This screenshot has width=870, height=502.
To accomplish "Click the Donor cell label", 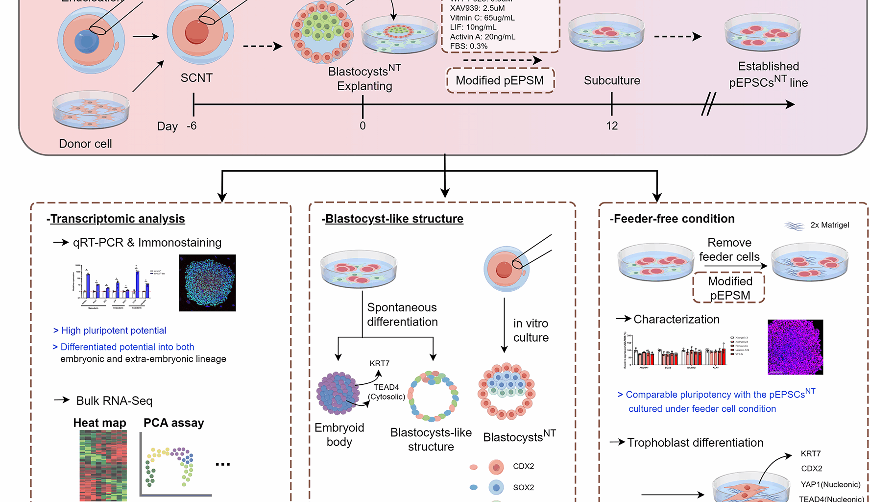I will [x=85, y=144].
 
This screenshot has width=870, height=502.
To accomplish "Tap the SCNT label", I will [x=196, y=78].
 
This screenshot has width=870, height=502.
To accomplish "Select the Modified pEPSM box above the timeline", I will [x=500, y=80].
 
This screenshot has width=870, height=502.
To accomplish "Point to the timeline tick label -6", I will [x=192, y=126].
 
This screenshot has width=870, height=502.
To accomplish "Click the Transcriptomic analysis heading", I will [x=117, y=219].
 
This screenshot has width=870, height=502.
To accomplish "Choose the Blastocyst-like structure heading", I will [x=394, y=219].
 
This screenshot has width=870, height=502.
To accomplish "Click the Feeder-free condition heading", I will [x=674, y=219].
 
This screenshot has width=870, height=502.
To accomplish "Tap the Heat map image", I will [x=103, y=465].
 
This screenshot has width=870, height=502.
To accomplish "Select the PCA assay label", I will [x=173, y=423].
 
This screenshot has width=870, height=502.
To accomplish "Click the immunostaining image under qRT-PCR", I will [x=207, y=283].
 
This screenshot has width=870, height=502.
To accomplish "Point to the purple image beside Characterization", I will [x=795, y=347].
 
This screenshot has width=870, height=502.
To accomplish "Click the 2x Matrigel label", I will [x=829, y=225].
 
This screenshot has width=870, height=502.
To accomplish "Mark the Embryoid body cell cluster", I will [x=338, y=393].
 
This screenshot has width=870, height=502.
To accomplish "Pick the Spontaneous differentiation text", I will [x=402, y=315].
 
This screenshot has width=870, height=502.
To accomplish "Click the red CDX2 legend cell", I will [x=496, y=467].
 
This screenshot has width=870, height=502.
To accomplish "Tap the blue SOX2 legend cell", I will [x=496, y=487].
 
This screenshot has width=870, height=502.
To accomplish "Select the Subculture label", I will [x=612, y=80].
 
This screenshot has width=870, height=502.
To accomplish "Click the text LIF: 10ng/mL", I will [x=473, y=27].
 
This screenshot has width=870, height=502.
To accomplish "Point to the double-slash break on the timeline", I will [x=708, y=104].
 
